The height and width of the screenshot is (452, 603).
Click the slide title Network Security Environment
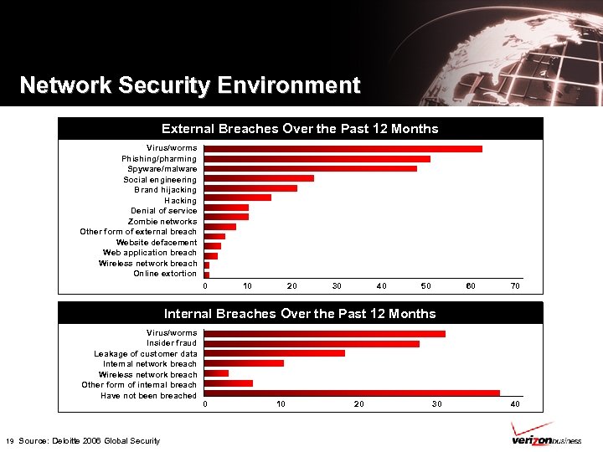pyautogui.click(x=189, y=85)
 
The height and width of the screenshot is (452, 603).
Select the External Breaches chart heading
pyautogui.click(x=300, y=129)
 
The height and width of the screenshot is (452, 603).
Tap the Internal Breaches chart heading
pyautogui.click(x=300, y=314)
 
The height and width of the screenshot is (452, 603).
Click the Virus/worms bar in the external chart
pyautogui.click(x=343, y=149)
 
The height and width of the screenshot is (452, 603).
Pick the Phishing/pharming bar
pyautogui.click(x=317, y=159)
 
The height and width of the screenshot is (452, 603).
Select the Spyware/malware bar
pyautogui.click(x=310, y=169)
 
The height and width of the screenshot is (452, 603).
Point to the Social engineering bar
pyautogui.click(x=259, y=178)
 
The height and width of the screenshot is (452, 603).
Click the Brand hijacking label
pyautogui.click(x=165, y=190)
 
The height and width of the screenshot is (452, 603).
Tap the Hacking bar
pyautogui.click(x=238, y=198)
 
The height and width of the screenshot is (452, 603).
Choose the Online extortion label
pyautogui.click(x=165, y=274)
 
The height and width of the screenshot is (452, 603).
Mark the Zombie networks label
pyautogui.click(x=162, y=222)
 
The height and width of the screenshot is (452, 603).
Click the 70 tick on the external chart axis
pyautogui.click(x=515, y=286)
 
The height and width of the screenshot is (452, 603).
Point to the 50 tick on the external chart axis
pyautogui.click(x=426, y=286)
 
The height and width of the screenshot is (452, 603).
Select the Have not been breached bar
pyautogui.click(x=352, y=393)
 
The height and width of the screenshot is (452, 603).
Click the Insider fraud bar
pyautogui.click(x=312, y=344)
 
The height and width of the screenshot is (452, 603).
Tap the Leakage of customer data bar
pyautogui.click(x=275, y=353)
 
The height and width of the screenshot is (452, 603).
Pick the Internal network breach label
pyautogui.click(x=150, y=364)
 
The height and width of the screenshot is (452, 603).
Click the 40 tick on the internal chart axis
pyautogui.click(x=515, y=404)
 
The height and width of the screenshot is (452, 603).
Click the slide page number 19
pyautogui.click(x=9, y=441)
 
